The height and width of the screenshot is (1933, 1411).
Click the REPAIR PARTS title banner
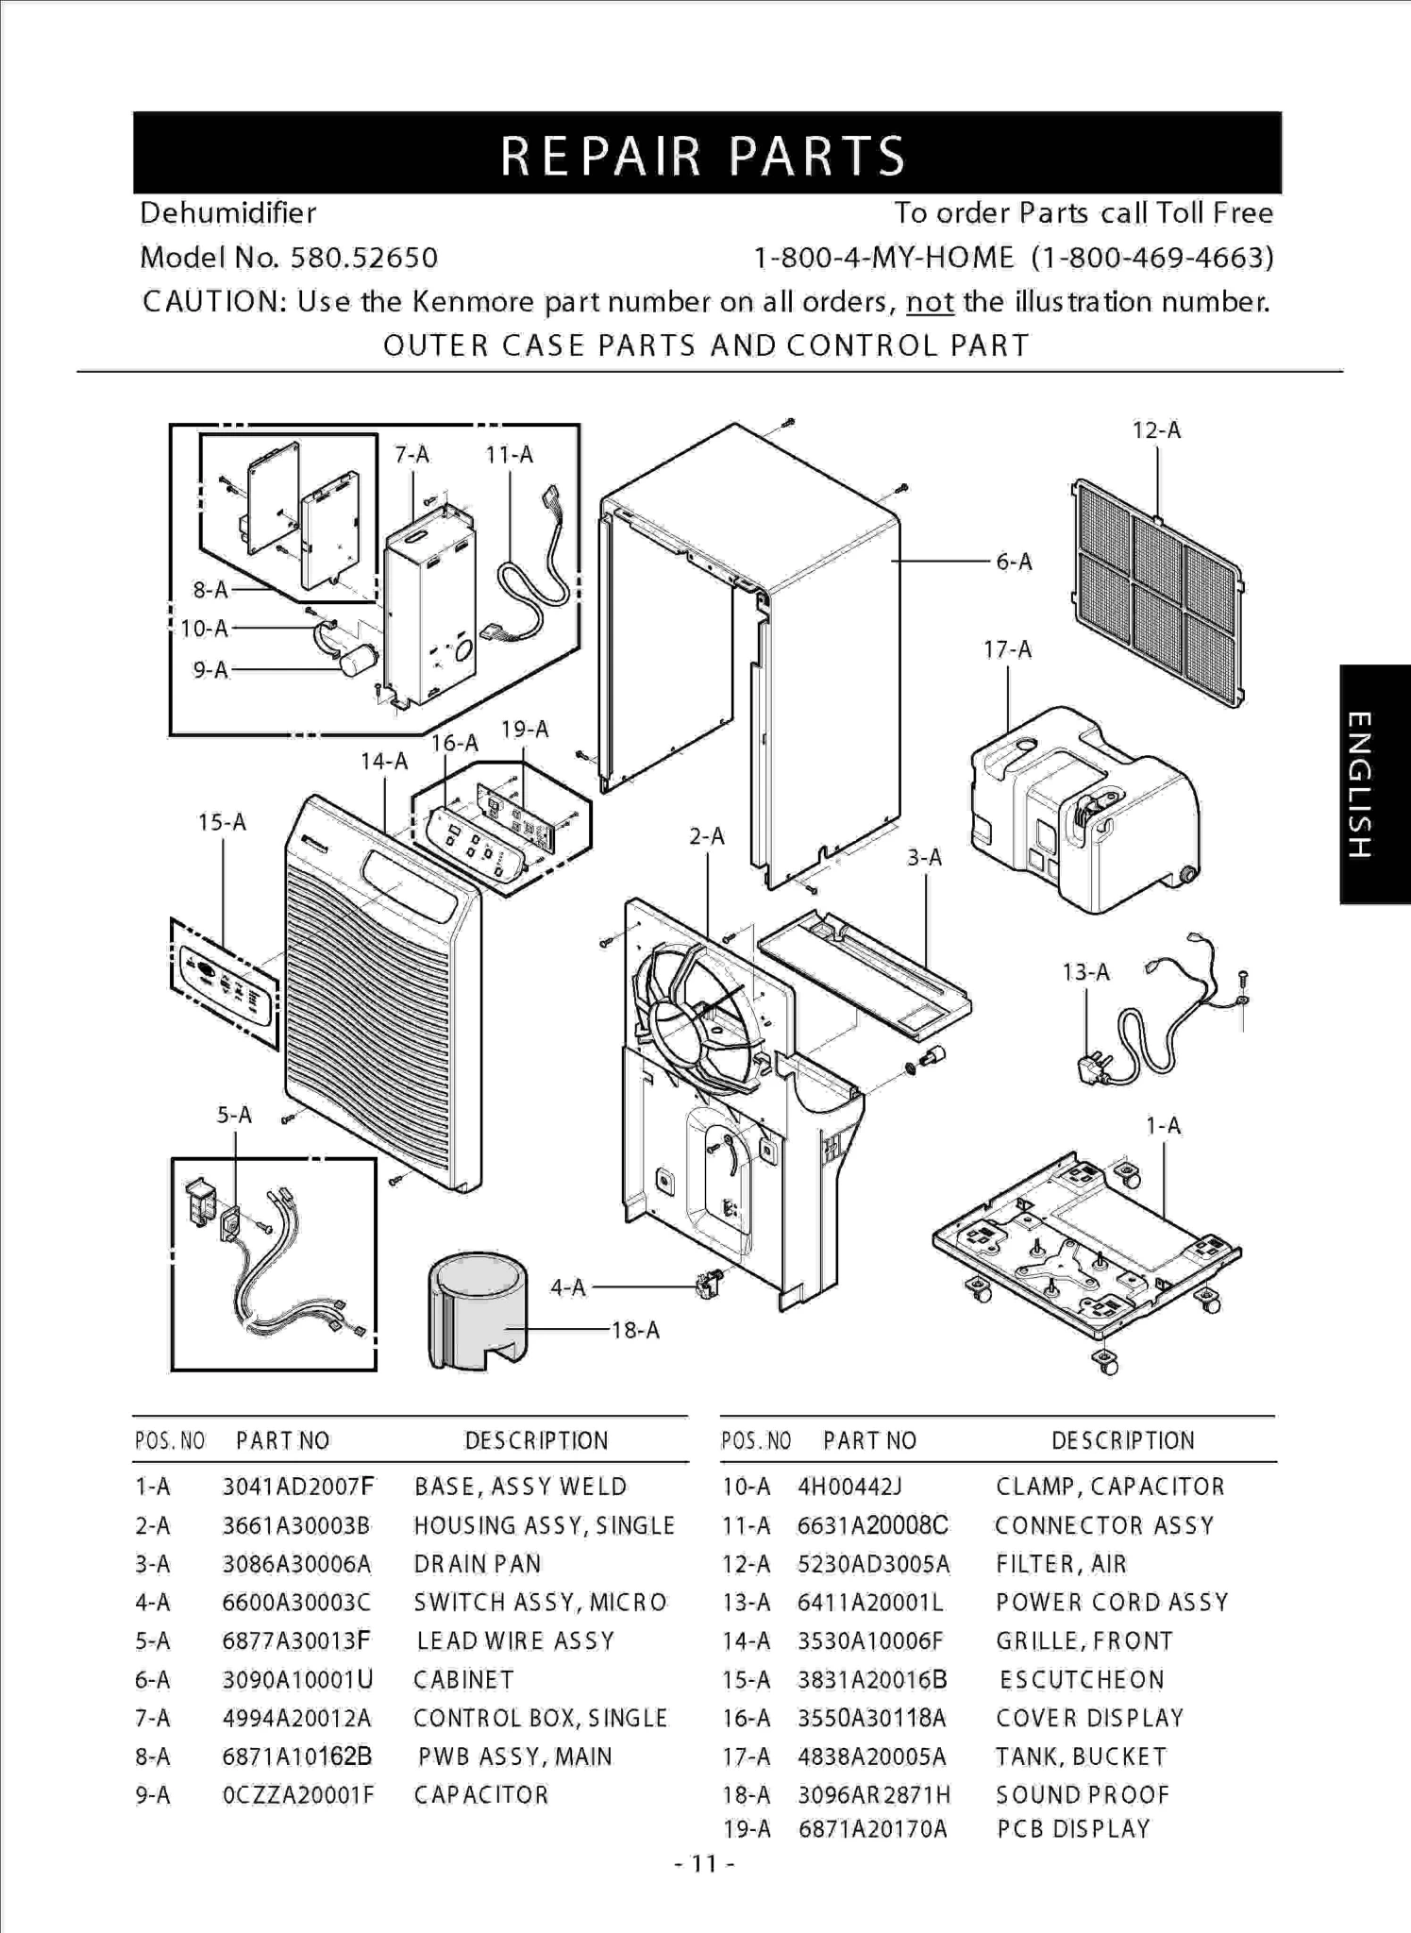click(x=706, y=153)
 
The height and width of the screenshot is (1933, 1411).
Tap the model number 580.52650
click(x=363, y=258)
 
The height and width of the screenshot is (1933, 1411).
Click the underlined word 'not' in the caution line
click(x=929, y=302)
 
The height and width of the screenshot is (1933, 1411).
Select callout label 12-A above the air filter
click(x=1156, y=430)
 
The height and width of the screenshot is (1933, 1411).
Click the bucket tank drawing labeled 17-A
click(x=1085, y=812)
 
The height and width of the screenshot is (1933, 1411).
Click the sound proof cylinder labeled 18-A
click(x=477, y=1312)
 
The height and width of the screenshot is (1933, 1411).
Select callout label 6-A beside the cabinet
click(x=1015, y=563)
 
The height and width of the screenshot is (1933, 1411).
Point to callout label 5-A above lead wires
click(x=234, y=1115)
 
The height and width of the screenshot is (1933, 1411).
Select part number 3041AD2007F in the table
click(x=297, y=1488)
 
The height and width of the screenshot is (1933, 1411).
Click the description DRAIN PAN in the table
click(x=478, y=1564)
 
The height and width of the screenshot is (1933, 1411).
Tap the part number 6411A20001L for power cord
click(x=870, y=1603)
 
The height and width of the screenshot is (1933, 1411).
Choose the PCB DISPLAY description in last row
click(x=1073, y=1829)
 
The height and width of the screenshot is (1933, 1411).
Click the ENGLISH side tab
click(x=1374, y=784)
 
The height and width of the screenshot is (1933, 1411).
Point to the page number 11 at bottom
click(x=705, y=1863)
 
